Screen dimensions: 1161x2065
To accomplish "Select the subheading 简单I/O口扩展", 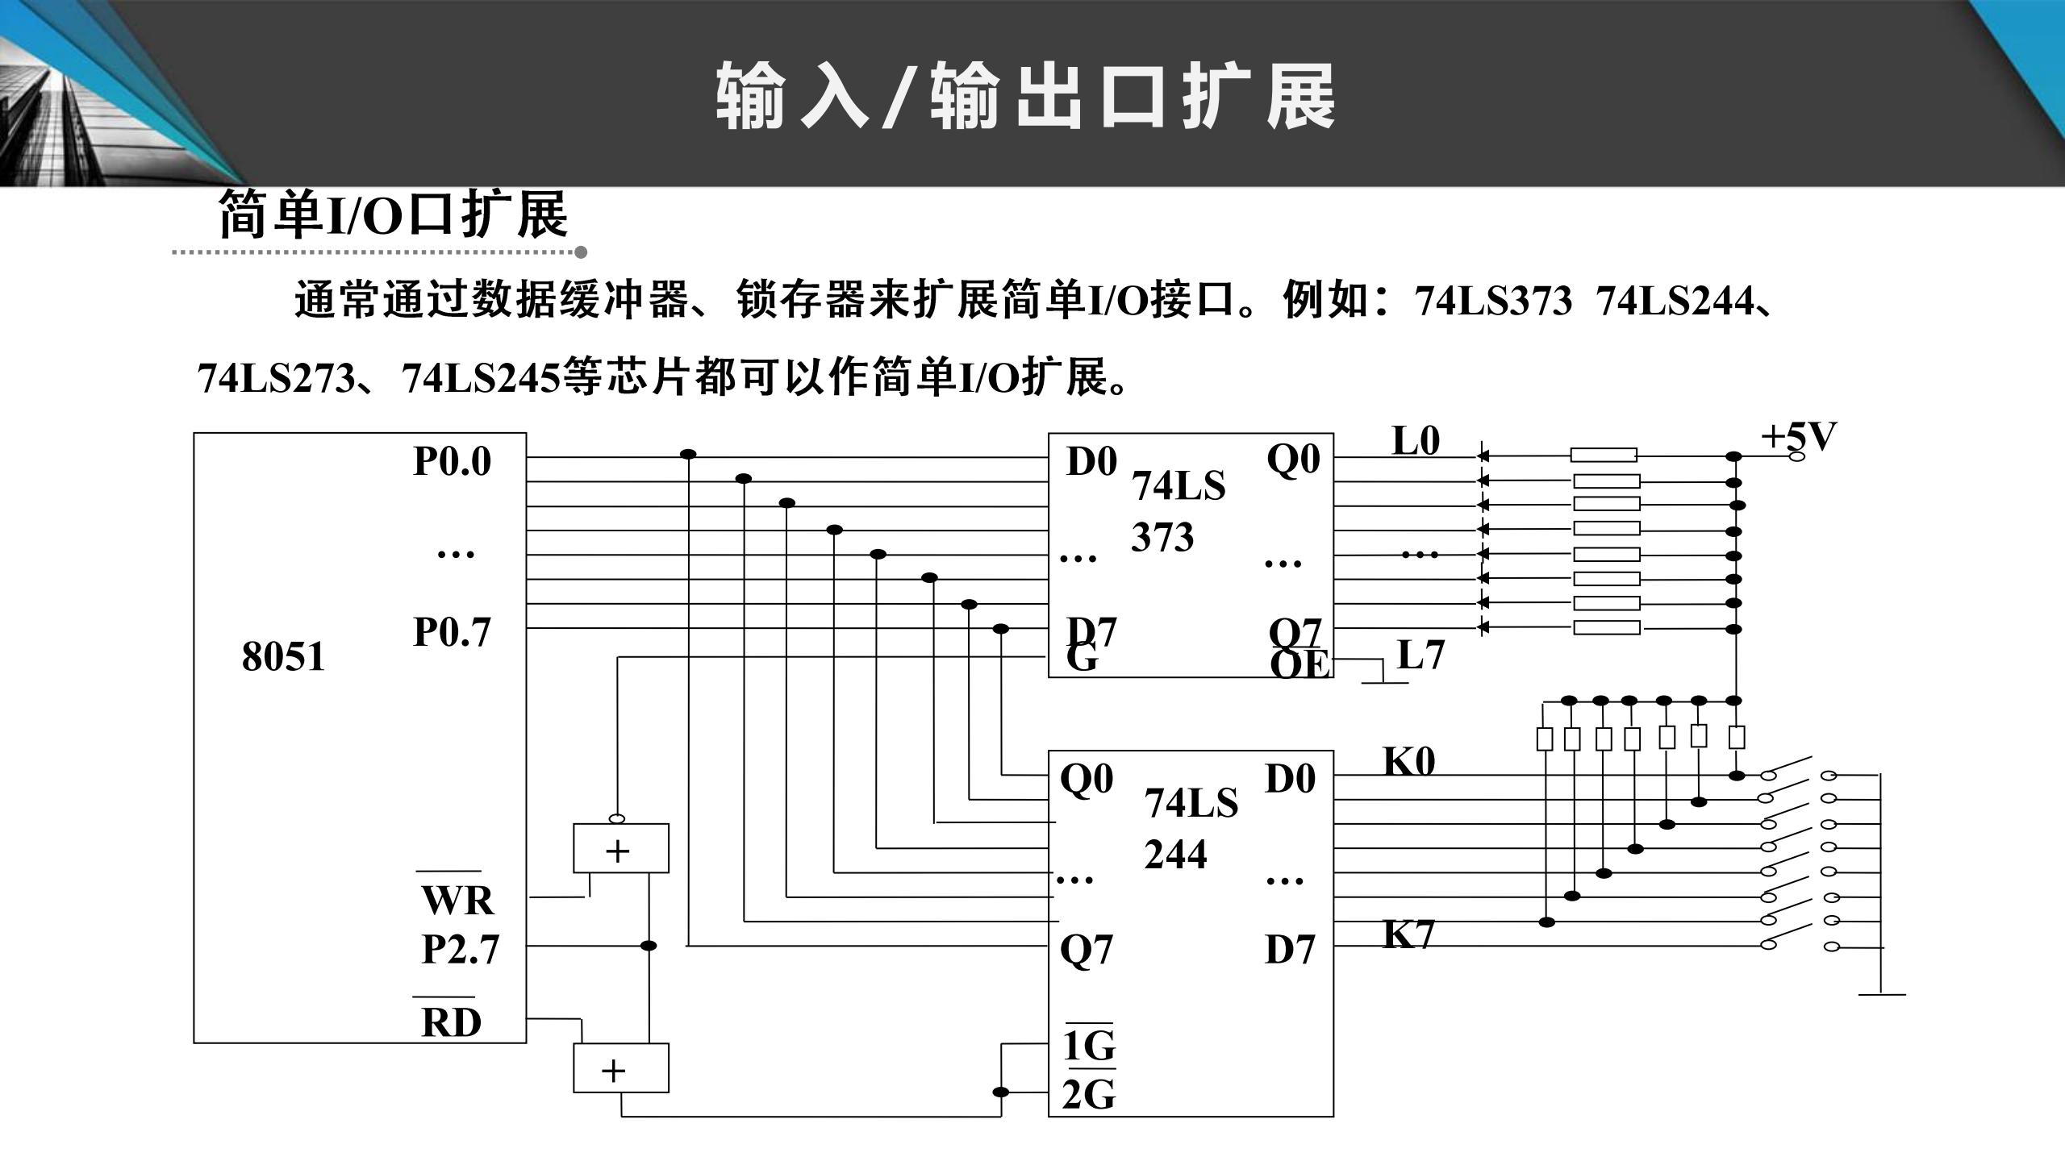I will click(394, 215).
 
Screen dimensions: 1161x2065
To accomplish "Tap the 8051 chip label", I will click(283, 656).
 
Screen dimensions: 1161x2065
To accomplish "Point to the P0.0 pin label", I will click(452, 462).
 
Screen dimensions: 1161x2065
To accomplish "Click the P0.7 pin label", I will click(452, 632).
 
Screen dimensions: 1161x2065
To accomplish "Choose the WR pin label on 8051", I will click(457, 900).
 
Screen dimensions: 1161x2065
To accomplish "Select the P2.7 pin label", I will click(461, 950).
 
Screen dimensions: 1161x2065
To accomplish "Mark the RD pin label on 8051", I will click(451, 1022).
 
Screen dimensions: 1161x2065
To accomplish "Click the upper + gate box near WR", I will click(620, 848).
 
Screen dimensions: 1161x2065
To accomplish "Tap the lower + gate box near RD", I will click(620, 1068).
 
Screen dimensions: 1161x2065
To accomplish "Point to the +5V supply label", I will click(1798, 437).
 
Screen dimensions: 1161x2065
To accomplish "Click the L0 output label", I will click(1416, 441).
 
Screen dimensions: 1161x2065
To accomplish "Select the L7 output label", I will click(1420, 655).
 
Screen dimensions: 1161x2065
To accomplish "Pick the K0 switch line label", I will click(1409, 761).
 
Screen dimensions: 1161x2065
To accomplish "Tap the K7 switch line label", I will click(1409, 934).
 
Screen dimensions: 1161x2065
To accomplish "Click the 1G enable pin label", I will click(1089, 1046).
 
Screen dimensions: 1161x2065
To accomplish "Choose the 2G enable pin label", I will click(1089, 1095).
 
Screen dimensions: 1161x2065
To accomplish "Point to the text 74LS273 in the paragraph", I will click(276, 377).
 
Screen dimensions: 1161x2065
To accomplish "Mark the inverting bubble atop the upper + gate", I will click(617, 819).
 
